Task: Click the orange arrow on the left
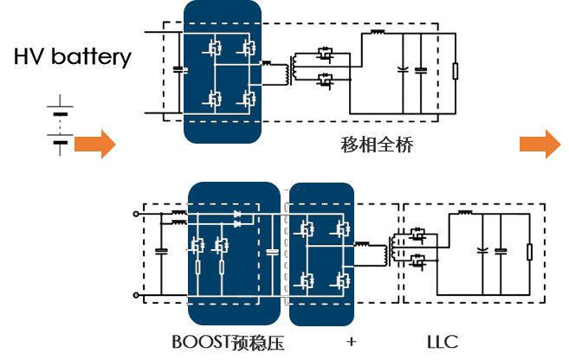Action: (x=94, y=144)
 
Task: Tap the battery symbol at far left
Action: (x=59, y=126)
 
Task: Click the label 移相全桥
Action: (x=376, y=145)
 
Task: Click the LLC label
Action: (x=442, y=340)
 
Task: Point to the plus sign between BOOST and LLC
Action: (x=350, y=339)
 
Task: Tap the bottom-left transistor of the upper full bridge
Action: (x=210, y=97)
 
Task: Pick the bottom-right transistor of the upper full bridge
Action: (x=248, y=97)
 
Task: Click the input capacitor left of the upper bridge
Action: (x=178, y=69)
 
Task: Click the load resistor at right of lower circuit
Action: (x=528, y=253)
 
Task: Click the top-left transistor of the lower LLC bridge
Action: (x=305, y=229)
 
